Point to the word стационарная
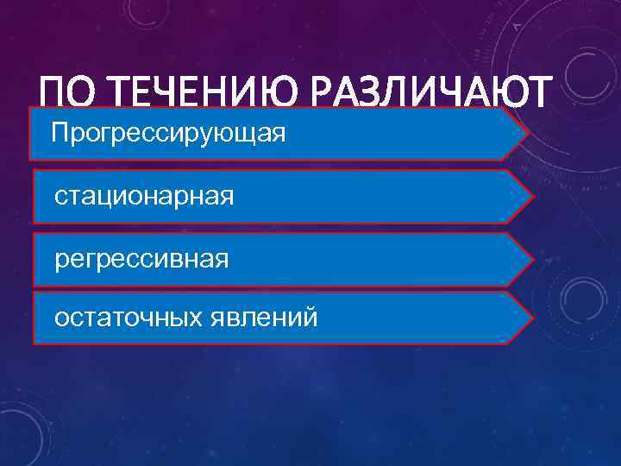[x=143, y=197]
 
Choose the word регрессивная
[x=141, y=258]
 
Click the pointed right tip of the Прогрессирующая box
[x=528, y=135]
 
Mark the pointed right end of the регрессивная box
[x=532, y=257]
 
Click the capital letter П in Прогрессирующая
[x=60, y=134]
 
